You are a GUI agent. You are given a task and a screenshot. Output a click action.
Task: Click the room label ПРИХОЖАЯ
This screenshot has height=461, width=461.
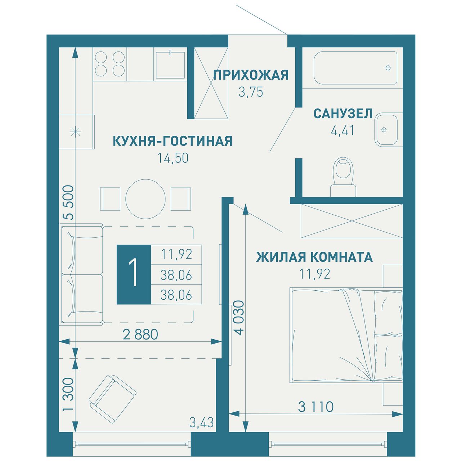[x=251, y=75]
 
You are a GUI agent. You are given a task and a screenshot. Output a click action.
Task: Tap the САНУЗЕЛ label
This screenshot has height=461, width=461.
[x=343, y=113]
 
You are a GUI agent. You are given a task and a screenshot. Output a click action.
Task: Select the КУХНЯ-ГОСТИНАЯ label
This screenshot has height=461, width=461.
[x=173, y=141]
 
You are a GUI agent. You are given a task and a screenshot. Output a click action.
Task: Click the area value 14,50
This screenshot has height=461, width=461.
[x=173, y=158]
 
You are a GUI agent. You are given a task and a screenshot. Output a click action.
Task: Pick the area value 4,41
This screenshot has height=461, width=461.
[x=343, y=130]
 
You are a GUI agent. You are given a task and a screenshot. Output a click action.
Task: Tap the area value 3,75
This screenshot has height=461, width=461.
[x=251, y=92]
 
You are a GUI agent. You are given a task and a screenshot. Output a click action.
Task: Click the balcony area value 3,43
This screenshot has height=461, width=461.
[x=201, y=422]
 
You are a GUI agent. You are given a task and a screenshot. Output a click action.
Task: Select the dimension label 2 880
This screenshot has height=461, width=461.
[x=140, y=335]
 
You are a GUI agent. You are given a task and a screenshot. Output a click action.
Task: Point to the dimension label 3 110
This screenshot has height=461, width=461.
[x=316, y=407]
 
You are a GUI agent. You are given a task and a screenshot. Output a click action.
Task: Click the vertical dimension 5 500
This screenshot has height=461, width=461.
[x=68, y=203]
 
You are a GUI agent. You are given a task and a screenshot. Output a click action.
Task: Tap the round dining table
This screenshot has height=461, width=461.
[x=146, y=199]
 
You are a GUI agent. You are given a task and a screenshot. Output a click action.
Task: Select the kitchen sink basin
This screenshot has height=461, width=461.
[x=170, y=65]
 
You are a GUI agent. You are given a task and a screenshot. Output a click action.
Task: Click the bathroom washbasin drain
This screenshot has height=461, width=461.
[x=384, y=130]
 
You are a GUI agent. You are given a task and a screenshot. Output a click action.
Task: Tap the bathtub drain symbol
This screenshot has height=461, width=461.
[x=388, y=68]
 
